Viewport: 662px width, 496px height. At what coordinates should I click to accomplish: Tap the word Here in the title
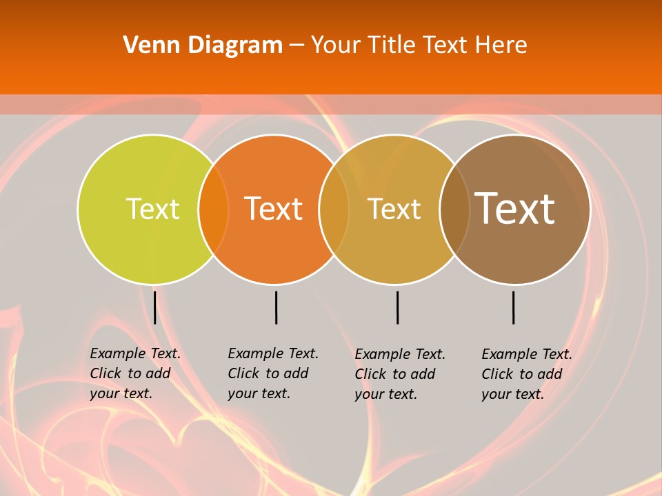pos(501,45)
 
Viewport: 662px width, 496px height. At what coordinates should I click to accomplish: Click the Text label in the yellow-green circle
pos(152,209)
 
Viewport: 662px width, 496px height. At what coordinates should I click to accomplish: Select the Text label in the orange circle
pos(274,209)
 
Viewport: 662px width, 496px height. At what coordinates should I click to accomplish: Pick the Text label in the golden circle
pos(394,209)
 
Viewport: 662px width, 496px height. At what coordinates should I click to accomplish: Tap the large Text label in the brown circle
pos(515,209)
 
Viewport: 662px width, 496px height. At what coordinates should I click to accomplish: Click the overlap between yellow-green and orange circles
pos(213,209)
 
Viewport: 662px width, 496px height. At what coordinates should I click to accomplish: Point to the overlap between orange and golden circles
pos(334,209)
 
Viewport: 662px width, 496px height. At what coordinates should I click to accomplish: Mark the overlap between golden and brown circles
pos(454,209)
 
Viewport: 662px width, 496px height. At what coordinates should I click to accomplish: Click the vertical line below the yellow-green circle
pos(154,307)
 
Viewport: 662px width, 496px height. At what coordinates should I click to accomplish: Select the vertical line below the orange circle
pos(276,307)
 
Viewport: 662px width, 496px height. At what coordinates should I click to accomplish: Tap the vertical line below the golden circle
pos(397,307)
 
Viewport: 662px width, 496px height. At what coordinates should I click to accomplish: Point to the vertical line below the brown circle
pos(513,307)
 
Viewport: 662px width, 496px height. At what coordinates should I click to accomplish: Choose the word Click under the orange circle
pos(243,373)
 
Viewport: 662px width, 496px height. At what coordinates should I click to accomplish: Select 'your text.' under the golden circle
pos(386,394)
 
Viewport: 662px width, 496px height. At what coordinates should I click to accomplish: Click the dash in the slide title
pos(297,45)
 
